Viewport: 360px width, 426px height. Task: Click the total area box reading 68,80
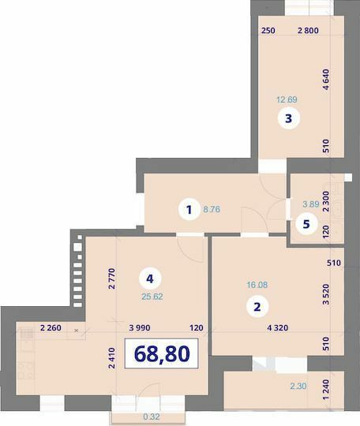click(x=162, y=354)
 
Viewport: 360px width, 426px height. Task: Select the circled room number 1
click(x=188, y=210)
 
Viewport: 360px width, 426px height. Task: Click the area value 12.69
click(x=287, y=100)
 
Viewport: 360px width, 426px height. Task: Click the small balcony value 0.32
click(x=151, y=417)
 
